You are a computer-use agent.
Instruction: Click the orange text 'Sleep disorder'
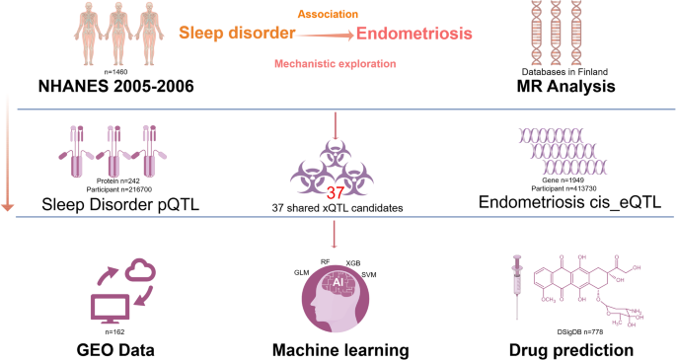(237, 34)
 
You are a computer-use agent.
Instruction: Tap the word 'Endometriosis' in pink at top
(414, 34)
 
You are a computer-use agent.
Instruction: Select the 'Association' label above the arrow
(328, 14)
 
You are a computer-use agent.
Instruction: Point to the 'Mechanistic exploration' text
(335, 64)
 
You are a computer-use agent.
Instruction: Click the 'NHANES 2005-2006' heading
(116, 86)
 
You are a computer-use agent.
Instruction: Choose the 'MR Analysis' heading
(565, 87)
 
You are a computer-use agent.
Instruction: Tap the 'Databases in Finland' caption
(564, 72)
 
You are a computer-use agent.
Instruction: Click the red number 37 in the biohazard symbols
(335, 193)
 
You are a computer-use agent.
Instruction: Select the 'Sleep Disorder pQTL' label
(120, 204)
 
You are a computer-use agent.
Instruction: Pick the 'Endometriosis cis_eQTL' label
(569, 202)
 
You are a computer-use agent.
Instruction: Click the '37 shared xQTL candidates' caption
(338, 208)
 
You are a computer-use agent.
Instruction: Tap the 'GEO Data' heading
(115, 350)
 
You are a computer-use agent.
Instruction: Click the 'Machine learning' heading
(340, 350)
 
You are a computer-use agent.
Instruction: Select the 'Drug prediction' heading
(571, 350)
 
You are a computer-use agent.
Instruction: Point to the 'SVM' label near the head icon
(369, 275)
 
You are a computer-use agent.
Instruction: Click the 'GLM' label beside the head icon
(301, 273)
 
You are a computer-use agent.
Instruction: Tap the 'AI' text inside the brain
(338, 282)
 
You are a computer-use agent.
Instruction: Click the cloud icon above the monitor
(140, 269)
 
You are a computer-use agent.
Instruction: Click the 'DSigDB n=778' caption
(580, 332)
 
